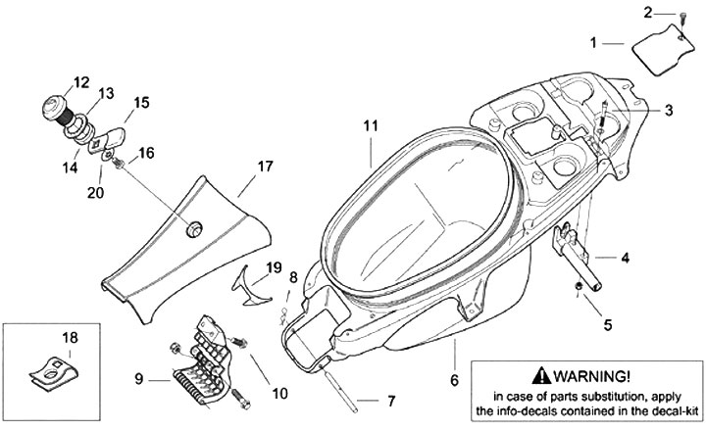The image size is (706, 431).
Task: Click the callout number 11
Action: coord(369,126)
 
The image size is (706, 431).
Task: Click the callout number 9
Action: coord(139,377)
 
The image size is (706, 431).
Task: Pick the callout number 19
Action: coord(274,266)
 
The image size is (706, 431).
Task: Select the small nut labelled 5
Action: coord(580,285)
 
